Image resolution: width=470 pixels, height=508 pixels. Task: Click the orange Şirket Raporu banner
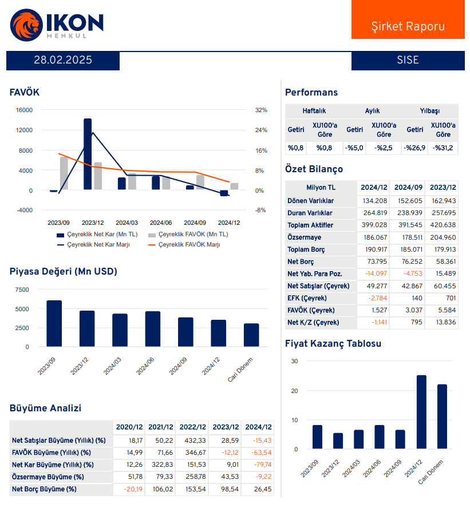(408, 26)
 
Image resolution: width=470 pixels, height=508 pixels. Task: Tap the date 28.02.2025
(63, 60)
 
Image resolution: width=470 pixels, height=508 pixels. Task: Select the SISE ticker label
(408, 60)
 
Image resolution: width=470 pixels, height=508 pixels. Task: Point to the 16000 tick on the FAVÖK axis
(23, 110)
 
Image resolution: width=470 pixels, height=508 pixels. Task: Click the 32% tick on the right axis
(260, 110)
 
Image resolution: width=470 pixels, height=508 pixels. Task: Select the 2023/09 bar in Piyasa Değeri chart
(54, 323)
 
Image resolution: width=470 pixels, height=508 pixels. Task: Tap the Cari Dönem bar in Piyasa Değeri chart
(251, 335)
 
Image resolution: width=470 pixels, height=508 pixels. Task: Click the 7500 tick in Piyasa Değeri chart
(22, 290)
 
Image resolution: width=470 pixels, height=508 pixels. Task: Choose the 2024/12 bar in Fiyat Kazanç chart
(421, 412)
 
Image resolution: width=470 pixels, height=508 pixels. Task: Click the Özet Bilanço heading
(314, 169)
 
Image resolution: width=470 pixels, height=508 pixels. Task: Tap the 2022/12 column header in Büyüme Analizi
(193, 427)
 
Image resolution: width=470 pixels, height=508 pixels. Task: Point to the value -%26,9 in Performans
(414, 148)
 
